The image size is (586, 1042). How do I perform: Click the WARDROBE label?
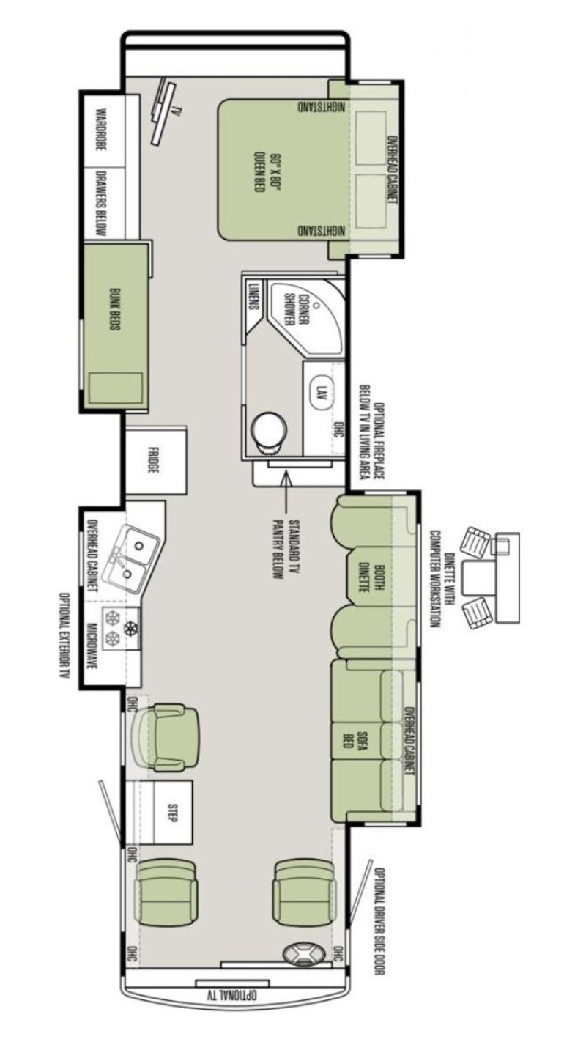[x=100, y=129]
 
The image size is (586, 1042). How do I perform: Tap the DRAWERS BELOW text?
[x=101, y=203]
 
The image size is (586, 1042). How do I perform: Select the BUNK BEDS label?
[x=114, y=309]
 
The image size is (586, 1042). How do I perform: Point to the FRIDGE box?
[x=155, y=460]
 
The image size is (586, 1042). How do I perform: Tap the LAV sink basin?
[x=320, y=391]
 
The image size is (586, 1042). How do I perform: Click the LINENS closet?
[x=253, y=296]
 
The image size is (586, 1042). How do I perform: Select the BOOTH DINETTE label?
[x=372, y=577]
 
